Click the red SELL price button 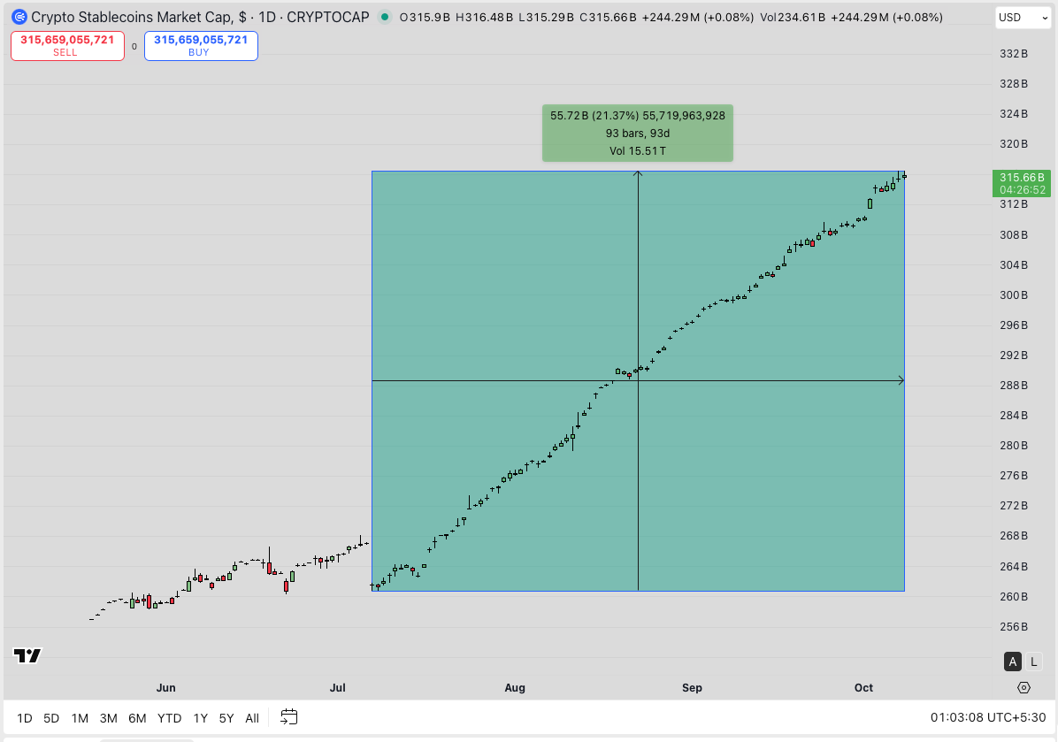coord(67,46)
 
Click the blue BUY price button coord(201,46)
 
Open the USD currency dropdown coord(1023,18)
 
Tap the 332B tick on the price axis coord(1013,54)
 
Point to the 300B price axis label coord(1013,295)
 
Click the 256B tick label coord(1013,627)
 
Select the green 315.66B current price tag coord(1022,183)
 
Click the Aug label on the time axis coord(515,688)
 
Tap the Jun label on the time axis coord(165,688)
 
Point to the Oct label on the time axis coord(863,688)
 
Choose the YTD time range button coord(169,718)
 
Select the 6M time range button coord(137,718)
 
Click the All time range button coord(252,718)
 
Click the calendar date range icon coord(289,717)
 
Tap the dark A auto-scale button coord(1013,662)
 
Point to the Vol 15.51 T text coord(637,151)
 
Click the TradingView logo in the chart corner coord(27,655)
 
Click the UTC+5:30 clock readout coord(988,718)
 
